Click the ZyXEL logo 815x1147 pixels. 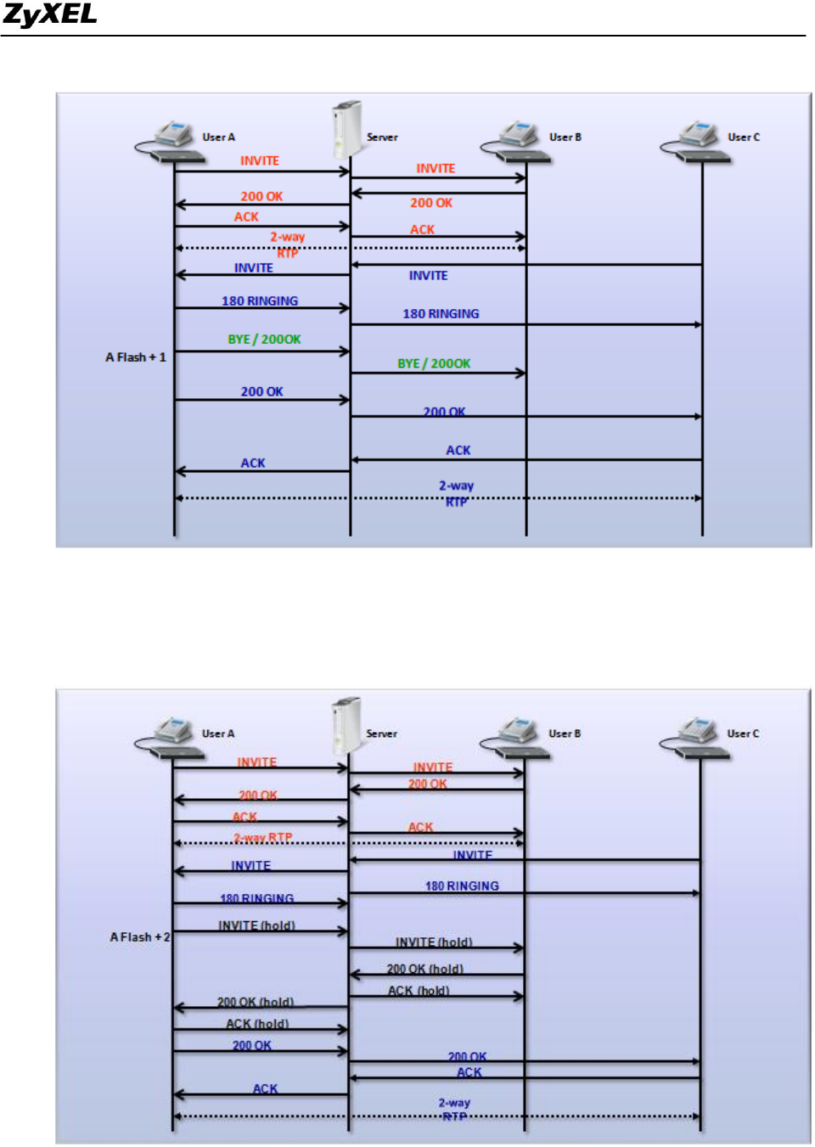tap(49, 14)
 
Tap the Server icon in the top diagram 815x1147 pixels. tap(347, 128)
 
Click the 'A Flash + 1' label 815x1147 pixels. tap(136, 357)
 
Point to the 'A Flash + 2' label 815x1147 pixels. tap(140, 937)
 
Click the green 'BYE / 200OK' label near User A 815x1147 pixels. tap(264, 340)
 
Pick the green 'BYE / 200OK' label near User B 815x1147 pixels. tap(434, 363)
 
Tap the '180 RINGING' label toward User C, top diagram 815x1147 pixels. tap(441, 314)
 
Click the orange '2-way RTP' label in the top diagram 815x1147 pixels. tap(287, 245)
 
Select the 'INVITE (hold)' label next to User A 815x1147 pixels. tap(256, 925)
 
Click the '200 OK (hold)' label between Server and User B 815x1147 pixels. tap(424, 969)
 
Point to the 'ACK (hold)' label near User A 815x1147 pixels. tap(257, 1024)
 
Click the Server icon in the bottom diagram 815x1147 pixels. tap(346, 725)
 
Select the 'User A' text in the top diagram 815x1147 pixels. tap(218, 138)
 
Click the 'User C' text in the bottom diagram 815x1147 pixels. tap(743, 734)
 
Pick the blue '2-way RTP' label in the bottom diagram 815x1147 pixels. tap(454, 1110)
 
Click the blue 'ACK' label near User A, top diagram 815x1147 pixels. tap(253, 464)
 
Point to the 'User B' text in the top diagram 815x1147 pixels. tap(565, 138)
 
